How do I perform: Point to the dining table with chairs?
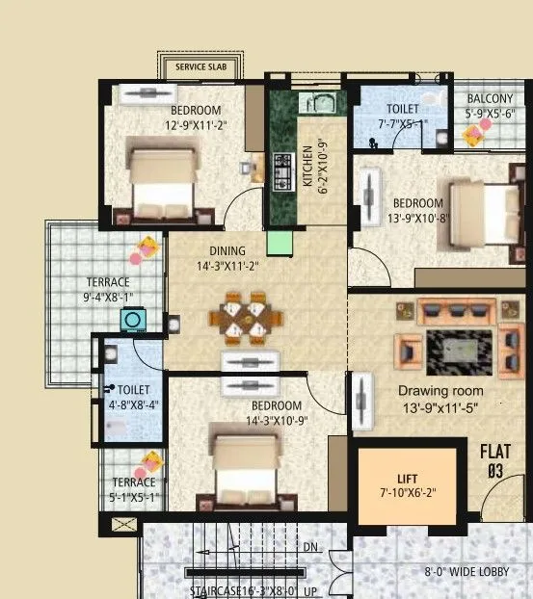click(252, 321)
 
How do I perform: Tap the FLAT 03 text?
click(496, 460)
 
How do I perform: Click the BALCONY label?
click(490, 99)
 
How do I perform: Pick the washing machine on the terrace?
click(131, 320)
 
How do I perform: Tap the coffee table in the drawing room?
click(456, 346)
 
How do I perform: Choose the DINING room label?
click(228, 251)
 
